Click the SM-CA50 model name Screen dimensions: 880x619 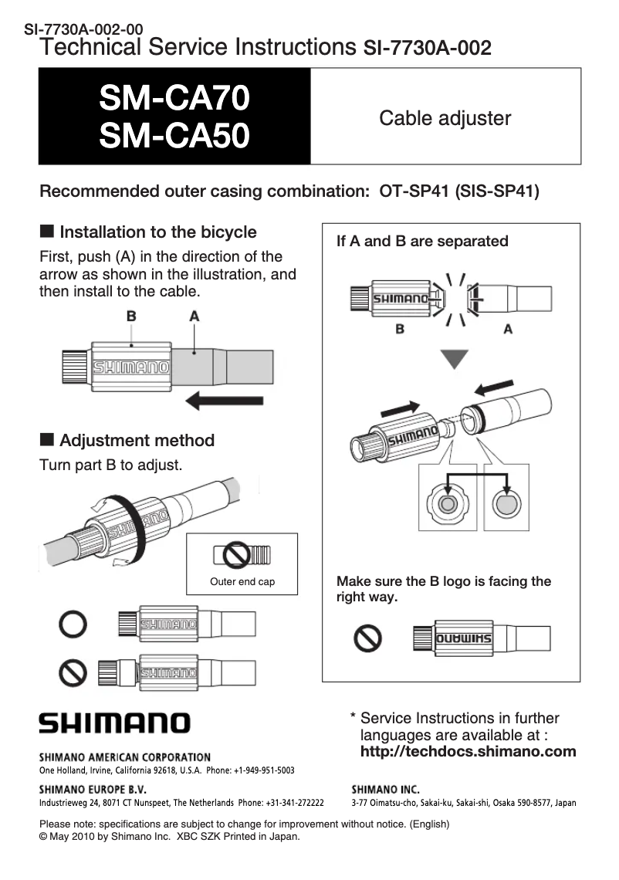pos(174,137)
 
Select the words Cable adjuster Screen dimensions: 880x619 pos(445,118)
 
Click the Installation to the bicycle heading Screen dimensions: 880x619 pos(157,232)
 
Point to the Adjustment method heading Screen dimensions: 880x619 pos(137,441)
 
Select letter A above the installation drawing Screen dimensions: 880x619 pos(194,316)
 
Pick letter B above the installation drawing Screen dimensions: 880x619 pos(131,316)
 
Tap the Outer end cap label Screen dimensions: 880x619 pos(242,582)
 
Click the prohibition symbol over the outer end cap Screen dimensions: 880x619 pos(238,553)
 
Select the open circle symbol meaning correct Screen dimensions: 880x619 pos(73,624)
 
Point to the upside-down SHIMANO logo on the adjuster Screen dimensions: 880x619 pos(465,639)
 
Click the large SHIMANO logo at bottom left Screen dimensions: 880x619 pos(115,723)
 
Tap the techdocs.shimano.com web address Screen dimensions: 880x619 pos(468,752)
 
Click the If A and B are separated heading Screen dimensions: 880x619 pos(422,242)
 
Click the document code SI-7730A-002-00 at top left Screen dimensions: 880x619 pos(83,30)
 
